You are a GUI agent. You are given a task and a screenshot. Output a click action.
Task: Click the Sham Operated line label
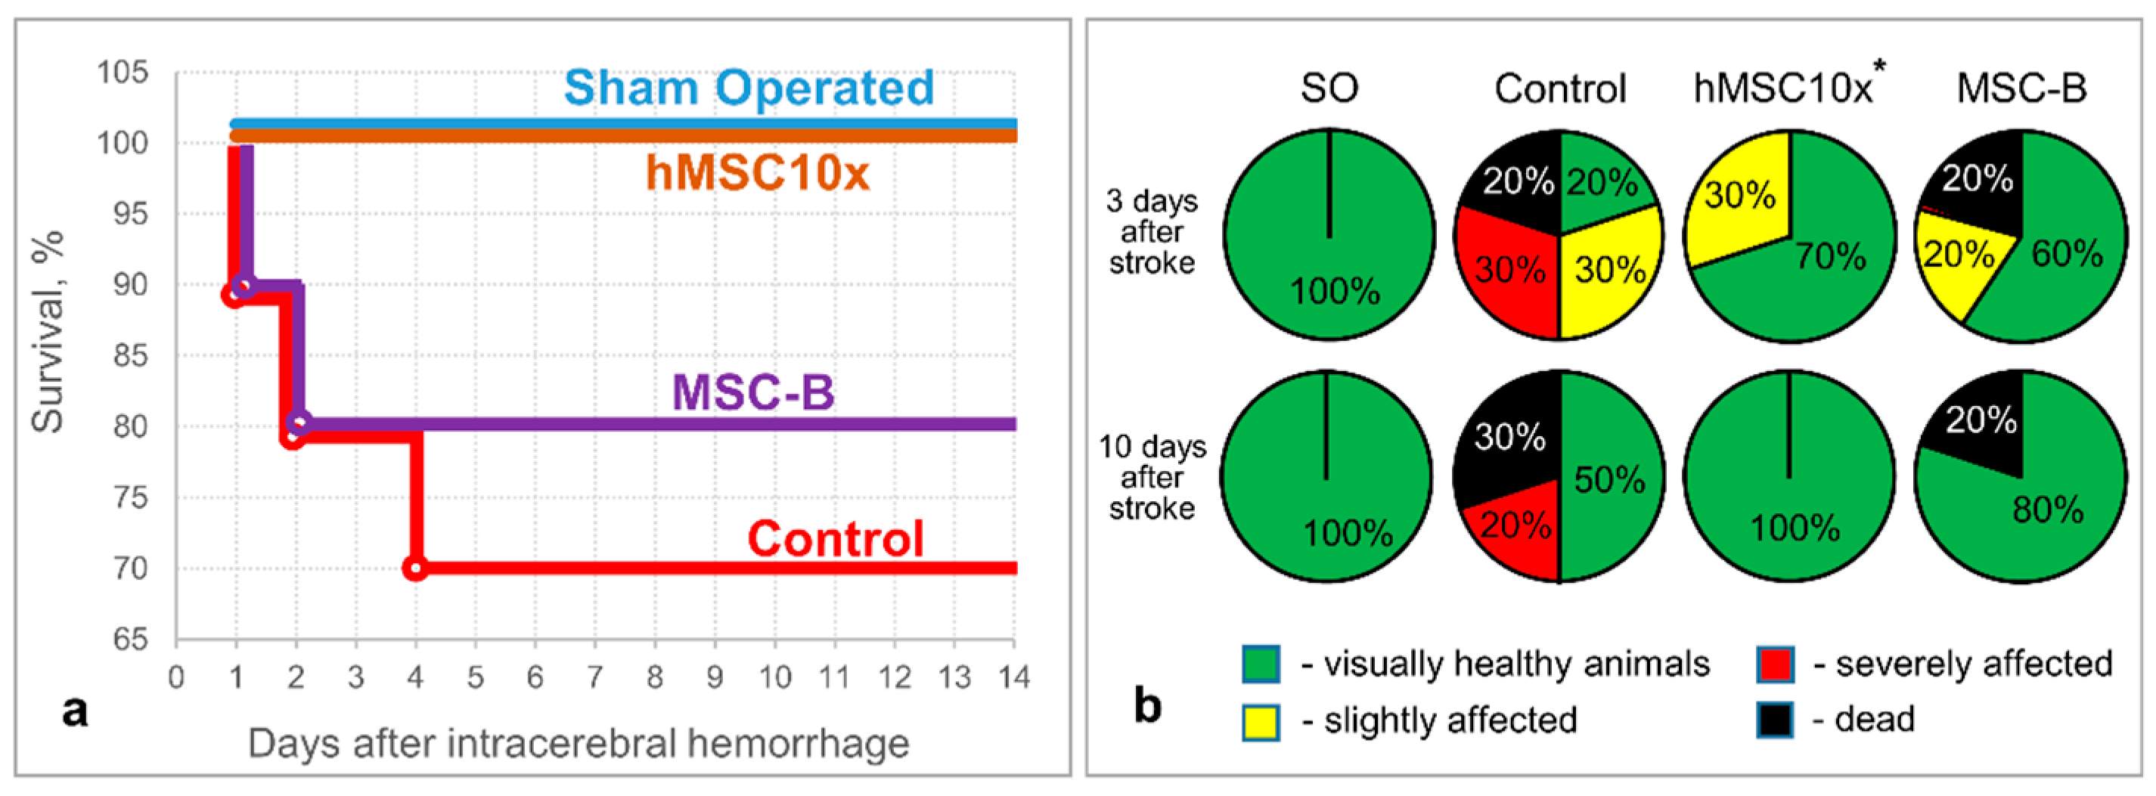coord(749,88)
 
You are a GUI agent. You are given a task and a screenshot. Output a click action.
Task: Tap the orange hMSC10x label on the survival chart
coord(758,173)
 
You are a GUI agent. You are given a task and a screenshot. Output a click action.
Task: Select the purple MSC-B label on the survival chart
coord(753,392)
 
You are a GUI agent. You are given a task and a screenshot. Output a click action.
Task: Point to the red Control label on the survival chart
coord(836,538)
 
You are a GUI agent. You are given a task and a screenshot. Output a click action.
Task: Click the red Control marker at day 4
coord(415,568)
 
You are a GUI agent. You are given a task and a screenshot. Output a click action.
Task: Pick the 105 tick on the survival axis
coord(123,73)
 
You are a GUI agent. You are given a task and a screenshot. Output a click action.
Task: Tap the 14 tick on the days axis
coord(1013,677)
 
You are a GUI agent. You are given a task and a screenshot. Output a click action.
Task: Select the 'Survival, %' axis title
coord(48,331)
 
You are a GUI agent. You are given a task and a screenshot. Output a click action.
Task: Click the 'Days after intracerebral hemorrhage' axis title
coord(579,743)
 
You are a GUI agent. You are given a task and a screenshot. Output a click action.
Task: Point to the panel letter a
coord(76,711)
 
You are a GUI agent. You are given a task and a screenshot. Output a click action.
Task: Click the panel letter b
coord(1147,705)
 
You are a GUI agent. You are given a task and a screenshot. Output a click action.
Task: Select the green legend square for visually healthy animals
coord(1261,664)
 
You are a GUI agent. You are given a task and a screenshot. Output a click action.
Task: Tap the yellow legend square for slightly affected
coord(1261,721)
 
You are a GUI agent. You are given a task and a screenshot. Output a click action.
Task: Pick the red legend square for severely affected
coord(1775,664)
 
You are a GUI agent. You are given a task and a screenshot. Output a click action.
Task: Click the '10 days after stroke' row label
coord(1152,477)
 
